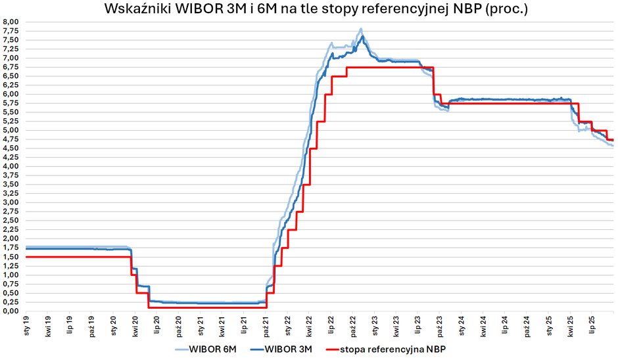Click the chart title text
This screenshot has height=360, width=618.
[x=316, y=10]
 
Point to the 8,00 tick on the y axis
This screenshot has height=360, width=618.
[x=12, y=22]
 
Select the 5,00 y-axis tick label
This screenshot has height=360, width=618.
[x=12, y=130]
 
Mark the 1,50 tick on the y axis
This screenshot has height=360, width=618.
[x=12, y=257]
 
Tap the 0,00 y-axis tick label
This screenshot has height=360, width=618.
[x=12, y=311]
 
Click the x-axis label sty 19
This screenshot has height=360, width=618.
[x=28, y=325]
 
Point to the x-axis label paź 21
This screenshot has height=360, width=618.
[x=266, y=325]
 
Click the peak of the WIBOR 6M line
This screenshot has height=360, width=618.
[x=361, y=30]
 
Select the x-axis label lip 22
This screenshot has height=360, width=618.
[x=331, y=325]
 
